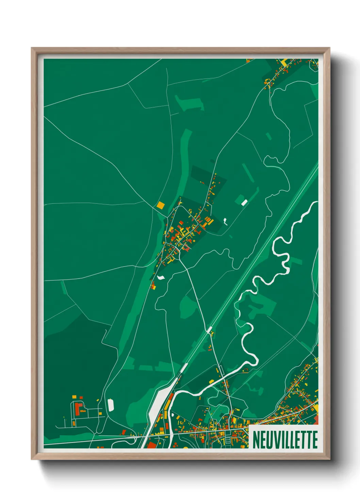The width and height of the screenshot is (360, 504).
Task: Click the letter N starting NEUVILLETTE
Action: tap(256, 440)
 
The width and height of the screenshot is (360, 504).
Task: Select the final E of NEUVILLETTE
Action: tap(315, 440)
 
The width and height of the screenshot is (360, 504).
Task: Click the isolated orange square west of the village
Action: tap(160, 205)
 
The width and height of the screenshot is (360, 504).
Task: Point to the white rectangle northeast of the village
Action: tap(244, 203)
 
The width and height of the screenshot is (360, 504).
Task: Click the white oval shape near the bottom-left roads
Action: tap(111, 405)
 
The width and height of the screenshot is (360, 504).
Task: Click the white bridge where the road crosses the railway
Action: tap(209, 330)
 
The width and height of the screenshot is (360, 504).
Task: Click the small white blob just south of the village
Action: tap(161, 277)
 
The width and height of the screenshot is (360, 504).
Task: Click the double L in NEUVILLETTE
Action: tap(289, 440)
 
